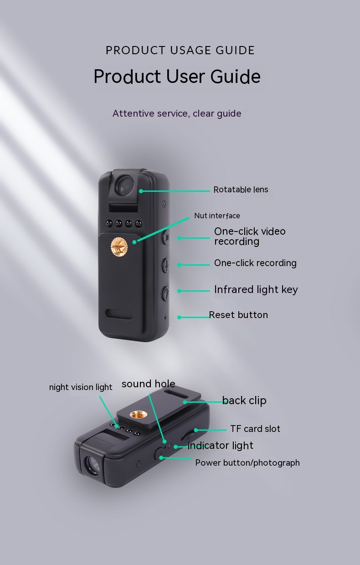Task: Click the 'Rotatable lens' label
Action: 241,190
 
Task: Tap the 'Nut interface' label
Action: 217,216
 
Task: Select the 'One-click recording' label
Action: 255,263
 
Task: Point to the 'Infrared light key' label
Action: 256,290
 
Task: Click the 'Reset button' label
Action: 238,315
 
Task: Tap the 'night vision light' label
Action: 81,387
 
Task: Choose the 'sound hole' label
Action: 149,384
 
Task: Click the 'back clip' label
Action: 244,401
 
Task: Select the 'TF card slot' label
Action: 255,429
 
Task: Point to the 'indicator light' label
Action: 220,446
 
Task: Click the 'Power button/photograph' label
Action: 247,462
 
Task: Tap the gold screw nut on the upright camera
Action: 119,247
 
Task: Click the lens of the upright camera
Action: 125,185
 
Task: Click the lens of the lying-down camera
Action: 92,465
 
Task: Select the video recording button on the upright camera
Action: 165,237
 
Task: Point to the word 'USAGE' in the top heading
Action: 193,50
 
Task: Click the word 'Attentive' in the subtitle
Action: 133,113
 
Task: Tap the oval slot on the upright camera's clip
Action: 119,314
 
